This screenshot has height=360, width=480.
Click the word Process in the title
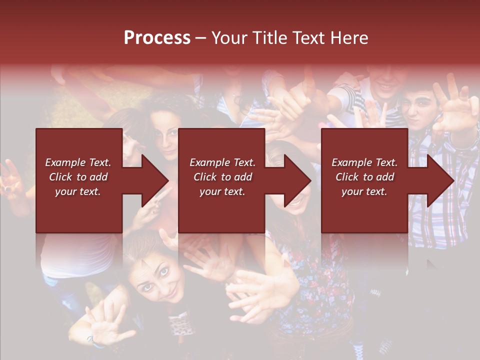pyautogui.click(x=157, y=38)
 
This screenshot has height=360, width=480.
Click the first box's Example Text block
pyautogui.click(x=78, y=177)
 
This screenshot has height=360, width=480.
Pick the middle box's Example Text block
pyautogui.click(x=222, y=177)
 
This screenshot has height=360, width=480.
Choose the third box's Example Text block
pyautogui.click(x=364, y=177)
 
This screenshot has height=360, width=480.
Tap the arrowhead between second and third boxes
pyautogui.click(x=297, y=180)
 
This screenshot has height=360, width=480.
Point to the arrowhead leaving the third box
pyautogui.click(x=440, y=180)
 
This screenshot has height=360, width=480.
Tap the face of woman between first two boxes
pyautogui.click(x=165, y=135)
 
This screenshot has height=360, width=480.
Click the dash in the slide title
pyautogui.click(x=200, y=38)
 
